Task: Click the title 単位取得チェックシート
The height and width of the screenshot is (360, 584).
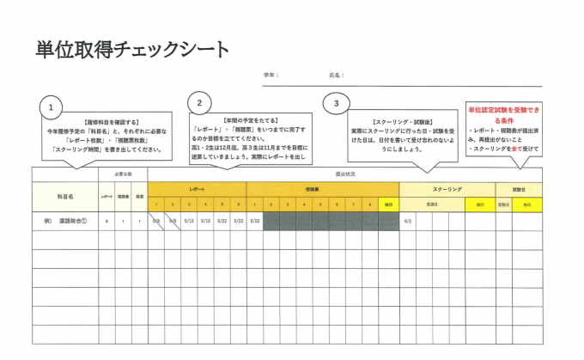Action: click(132, 49)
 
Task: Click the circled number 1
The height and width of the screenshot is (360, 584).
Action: click(52, 107)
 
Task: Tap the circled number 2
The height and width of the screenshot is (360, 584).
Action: click(199, 103)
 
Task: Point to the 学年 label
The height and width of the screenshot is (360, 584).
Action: click(271, 76)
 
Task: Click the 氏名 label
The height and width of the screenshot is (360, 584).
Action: click(336, 76)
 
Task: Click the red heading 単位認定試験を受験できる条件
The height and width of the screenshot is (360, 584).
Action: click(504, 116)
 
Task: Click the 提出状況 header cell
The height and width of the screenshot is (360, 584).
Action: click(344, 174)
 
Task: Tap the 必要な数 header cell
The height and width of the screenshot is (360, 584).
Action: click(122, 174)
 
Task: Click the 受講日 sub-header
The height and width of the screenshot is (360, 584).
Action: click(432, 204)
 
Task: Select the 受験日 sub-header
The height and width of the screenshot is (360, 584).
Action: click(504, 204)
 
